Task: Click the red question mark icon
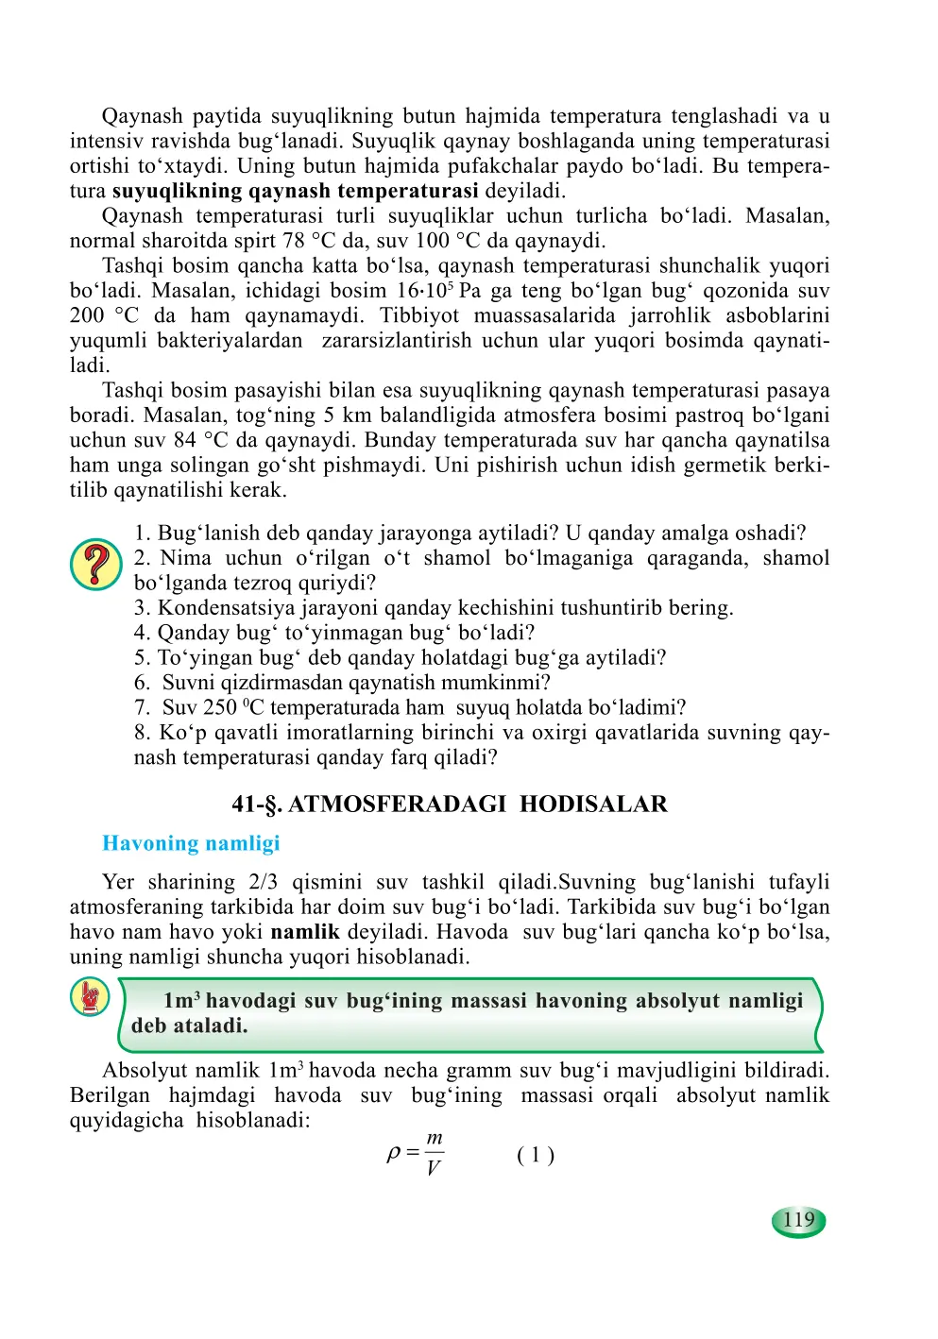95,565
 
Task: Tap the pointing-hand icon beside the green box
90,998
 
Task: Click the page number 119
798,1220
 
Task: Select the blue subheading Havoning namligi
191,843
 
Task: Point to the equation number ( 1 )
536,1155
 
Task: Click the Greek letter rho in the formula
394,1153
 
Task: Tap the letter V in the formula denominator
434,1169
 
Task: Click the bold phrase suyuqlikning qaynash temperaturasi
295,191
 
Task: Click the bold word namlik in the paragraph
305,932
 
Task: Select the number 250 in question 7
219,707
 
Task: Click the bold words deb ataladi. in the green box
189,1026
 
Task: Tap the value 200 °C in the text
104,315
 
